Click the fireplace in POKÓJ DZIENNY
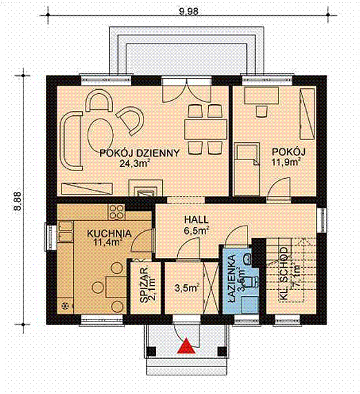(145, 188)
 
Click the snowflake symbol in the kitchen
(66, 304)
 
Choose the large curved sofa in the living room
(71, 141)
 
